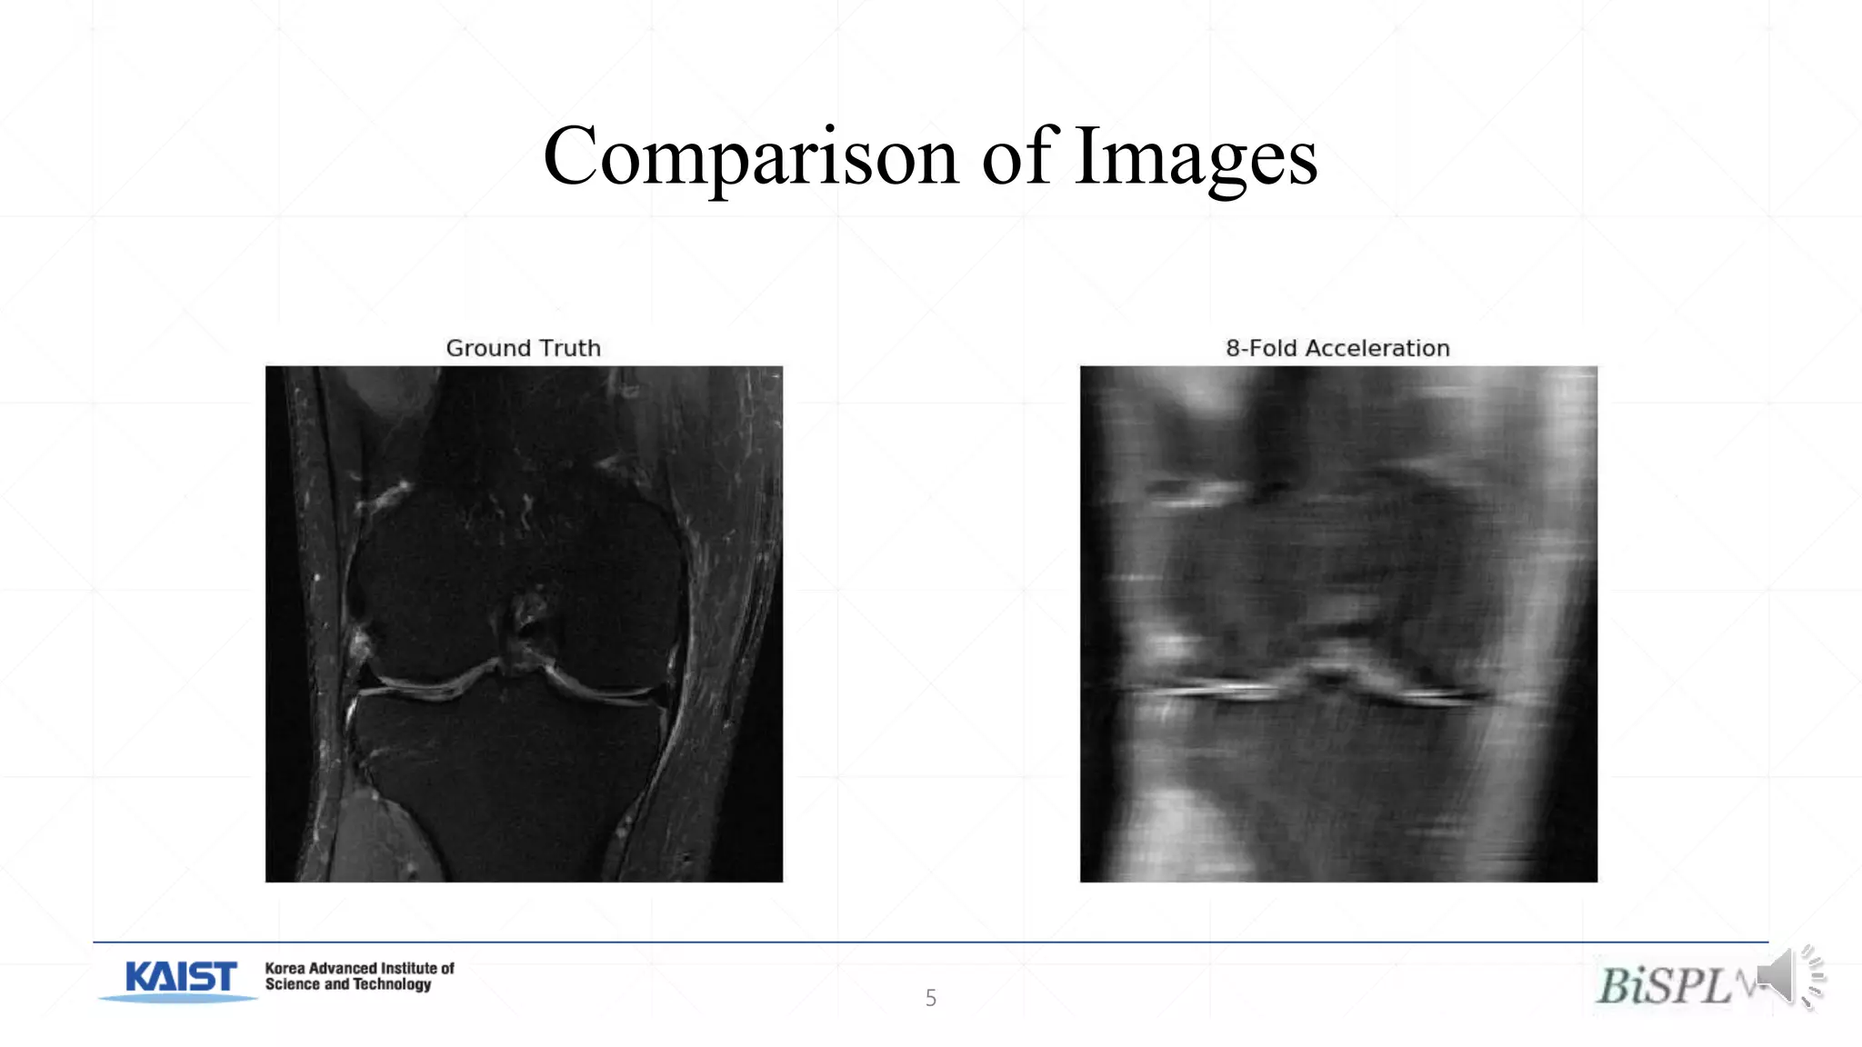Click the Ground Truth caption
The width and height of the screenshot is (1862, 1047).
click(x=523, y=348)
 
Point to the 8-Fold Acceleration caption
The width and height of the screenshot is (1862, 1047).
click(x=1337, y=348)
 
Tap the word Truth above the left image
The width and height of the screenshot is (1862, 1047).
click(x=569, y=348)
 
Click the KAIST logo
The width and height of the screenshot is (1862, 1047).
click(x=180, y=980)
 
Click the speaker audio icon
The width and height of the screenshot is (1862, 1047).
click(x=1789, y=977)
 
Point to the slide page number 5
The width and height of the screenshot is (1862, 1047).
click(x=930, y=998)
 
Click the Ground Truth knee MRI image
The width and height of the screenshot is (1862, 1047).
click(x=524, y=623)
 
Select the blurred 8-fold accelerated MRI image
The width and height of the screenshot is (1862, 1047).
click(x=1338, y=623)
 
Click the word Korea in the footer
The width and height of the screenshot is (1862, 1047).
click(x=285, y=969)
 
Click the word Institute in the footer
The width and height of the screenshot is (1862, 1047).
click(x=409, y=969)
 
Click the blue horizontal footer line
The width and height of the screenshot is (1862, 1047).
click(x=930, y=942)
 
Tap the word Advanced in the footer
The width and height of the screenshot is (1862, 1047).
click(x=342, y=969)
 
